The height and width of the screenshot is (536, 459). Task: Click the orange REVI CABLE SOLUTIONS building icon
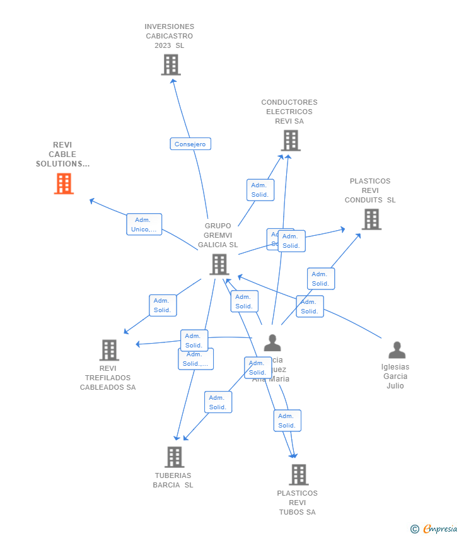pyautogui.click(x=64, y=184)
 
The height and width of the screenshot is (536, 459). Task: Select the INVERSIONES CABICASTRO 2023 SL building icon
pyautogui.click(x=171, y=65)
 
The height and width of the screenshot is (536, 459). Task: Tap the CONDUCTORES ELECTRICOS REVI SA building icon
pyautogui.click(x=291, y=141)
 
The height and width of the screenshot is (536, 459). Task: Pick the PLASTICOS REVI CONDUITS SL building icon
pyautogui.click(x=371, y=219)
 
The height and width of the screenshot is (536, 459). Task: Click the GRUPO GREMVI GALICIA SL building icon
pyautogui.click(x=219, y=265)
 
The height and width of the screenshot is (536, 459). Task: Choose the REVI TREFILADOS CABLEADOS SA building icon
pyautogui.click(x=109, y=350)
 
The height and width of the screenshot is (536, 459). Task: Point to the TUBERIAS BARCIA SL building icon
pyautogui.click(x=174, y=457)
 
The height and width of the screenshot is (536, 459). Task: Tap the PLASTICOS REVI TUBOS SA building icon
pyautogui.click(x=298, y=475)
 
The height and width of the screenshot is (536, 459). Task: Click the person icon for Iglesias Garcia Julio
pyautogui.click(x=397, y=350)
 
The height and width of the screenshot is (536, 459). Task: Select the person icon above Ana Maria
pyautogui.click(x=272, y=343)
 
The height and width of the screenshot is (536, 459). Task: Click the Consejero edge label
pyautogui.click(x=190, y=144)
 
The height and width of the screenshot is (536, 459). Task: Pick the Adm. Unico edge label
pyautogui.click(x=144, y=224)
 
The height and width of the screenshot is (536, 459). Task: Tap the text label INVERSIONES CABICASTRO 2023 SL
pyautogui.click(x=170, y=36)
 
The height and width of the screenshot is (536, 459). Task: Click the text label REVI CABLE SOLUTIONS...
pyautogui.click(x=62, y=154)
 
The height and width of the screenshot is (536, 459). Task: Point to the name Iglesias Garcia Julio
pyautogui.click(x=395, y=376)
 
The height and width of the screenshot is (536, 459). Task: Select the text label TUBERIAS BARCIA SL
pyautogui.click(x=173, y=481)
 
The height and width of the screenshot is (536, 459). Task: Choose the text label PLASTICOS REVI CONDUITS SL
pyautogui.click(x=370, y=190)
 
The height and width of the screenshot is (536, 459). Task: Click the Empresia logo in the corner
pyautogui.click(x=439, y=529)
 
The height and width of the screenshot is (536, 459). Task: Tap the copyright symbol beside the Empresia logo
pyautogui.click(x=415, y=529)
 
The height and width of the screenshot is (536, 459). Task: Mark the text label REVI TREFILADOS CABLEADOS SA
pyautogui.click(x=108, y=378)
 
